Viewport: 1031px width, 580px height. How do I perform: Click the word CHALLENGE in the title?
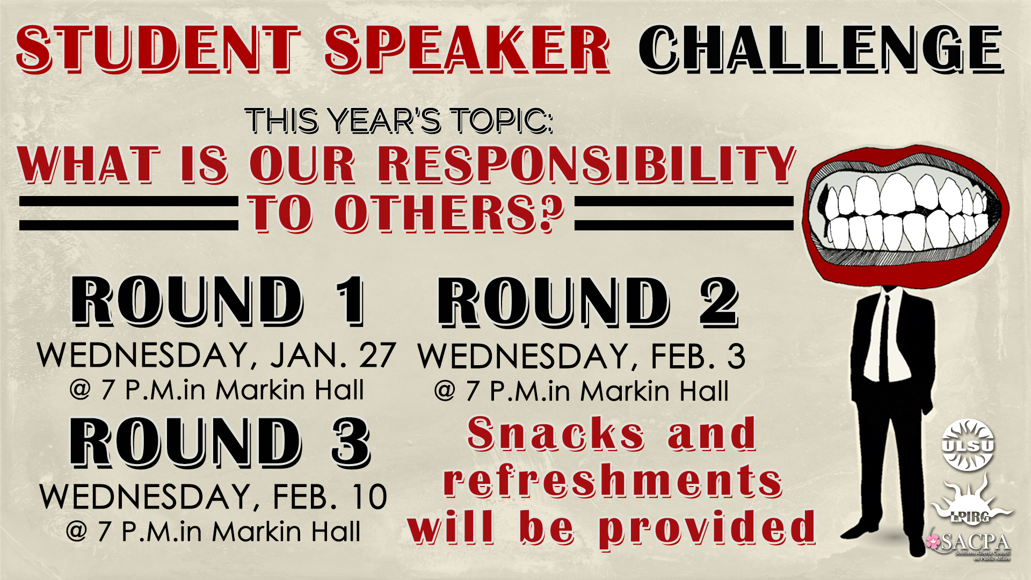coord(821,49)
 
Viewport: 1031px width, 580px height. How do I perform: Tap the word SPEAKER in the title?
coord(467,49)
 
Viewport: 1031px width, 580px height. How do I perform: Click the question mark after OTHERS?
coord(548,214)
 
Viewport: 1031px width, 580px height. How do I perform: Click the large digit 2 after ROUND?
coord(719,302)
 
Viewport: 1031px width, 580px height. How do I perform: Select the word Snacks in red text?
coord(556,434)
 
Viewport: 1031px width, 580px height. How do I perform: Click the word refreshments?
coord(613,481)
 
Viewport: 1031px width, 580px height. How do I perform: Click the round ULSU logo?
coord(968,445)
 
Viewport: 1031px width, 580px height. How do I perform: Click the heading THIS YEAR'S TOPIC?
coord(398,120)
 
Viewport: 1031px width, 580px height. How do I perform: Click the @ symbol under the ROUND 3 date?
coord(77,532)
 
